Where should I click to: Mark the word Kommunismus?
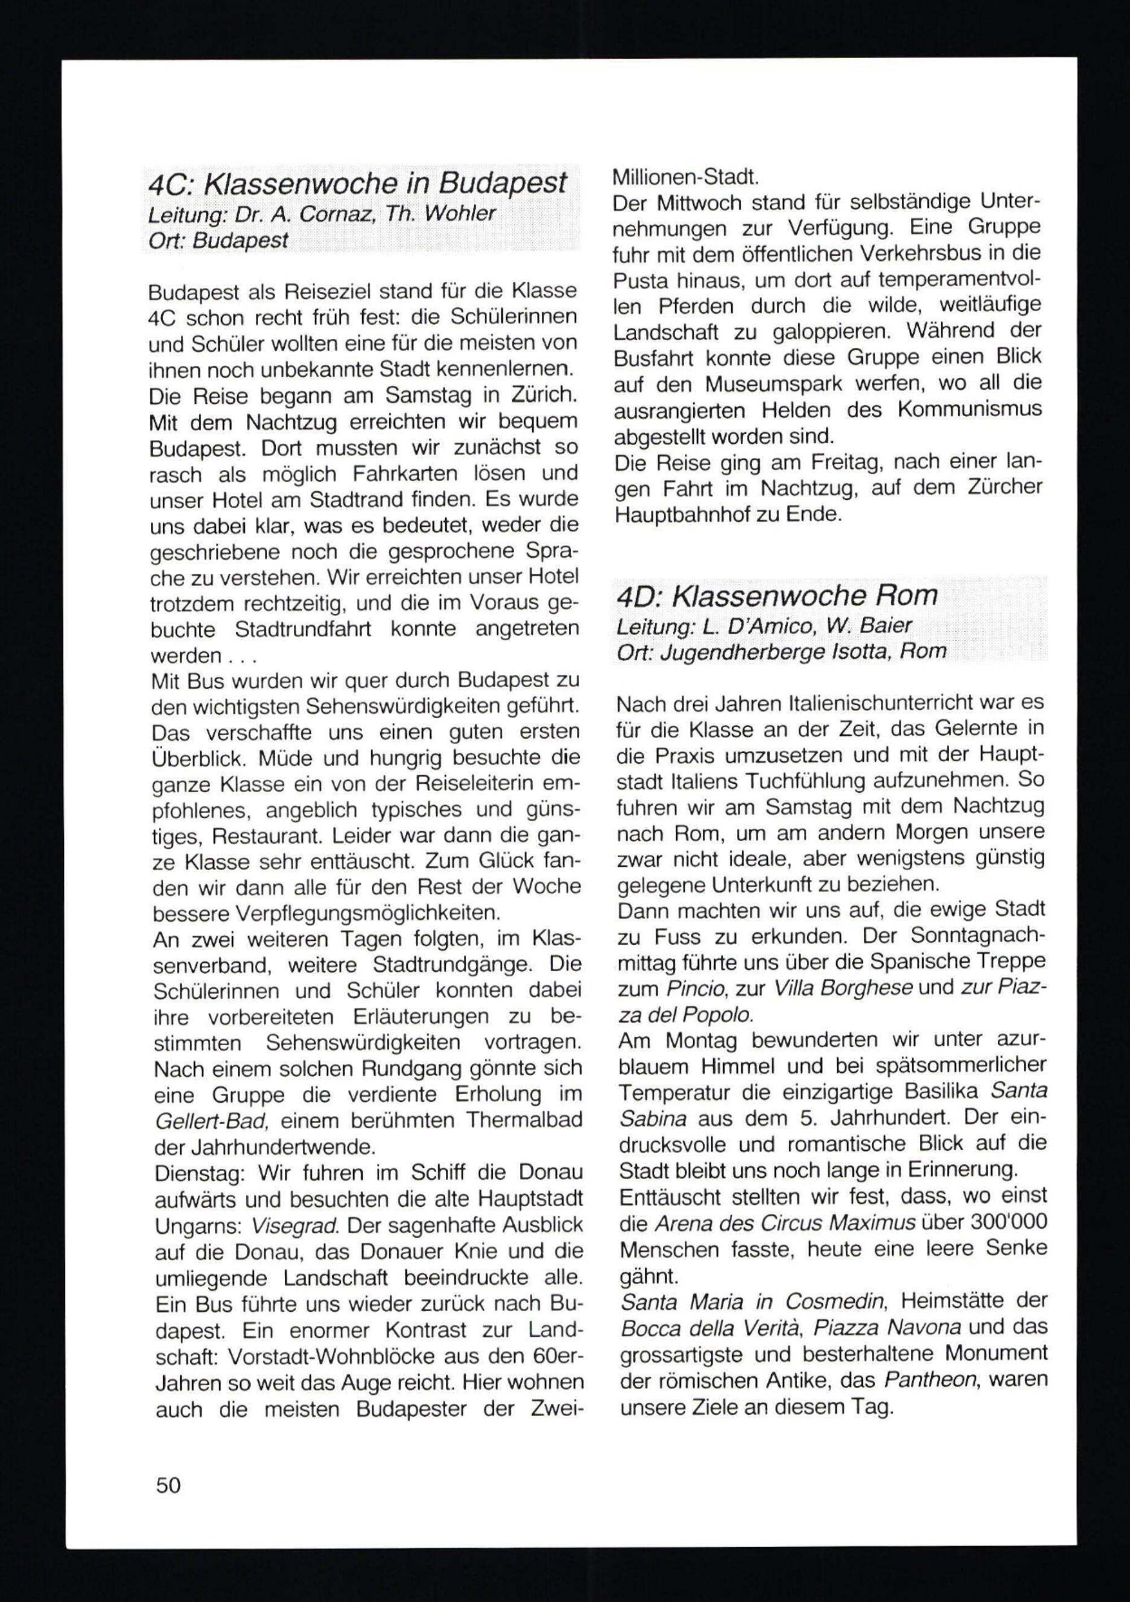tap(970, 409)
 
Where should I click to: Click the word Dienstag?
tap(198, 1173)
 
